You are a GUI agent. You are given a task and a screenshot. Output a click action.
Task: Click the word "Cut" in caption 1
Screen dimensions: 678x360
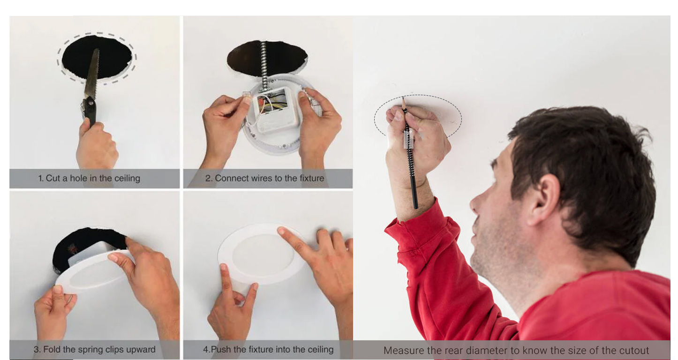(53, 178)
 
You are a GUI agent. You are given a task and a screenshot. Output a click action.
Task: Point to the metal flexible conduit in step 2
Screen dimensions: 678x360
(264, 64)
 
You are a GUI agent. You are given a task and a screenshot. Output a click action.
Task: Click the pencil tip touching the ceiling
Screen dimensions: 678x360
(403, 97)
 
